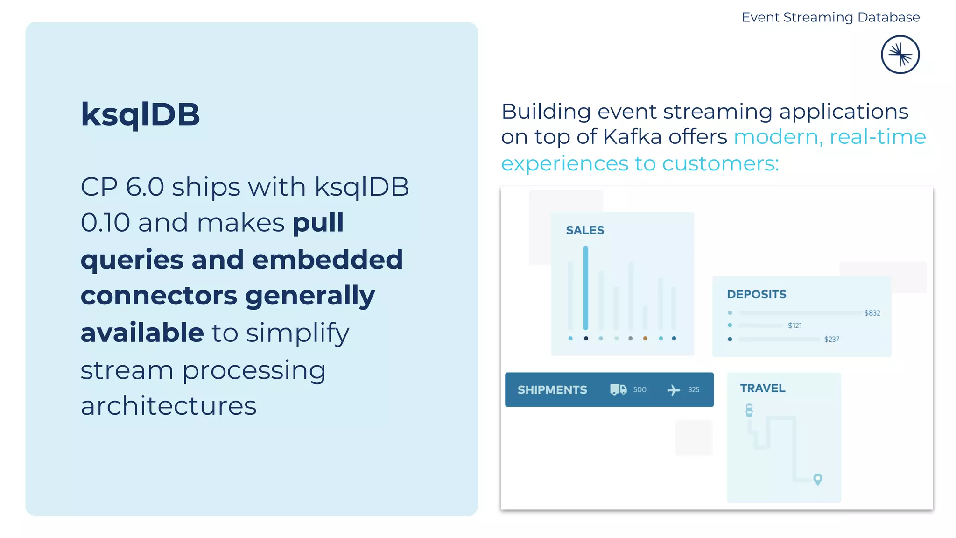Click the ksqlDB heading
(x=140, y=114)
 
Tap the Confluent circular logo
(x=900, y=55)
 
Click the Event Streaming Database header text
(x=830, y=17)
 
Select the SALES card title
(x=585, y=230)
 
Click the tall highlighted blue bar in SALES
(x=585, y=287)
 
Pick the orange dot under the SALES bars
(x=645, y=338)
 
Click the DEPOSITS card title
(x=756, y=294)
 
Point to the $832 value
(x=872, y=313)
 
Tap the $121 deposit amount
(x=794, y=326)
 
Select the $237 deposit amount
(x=831, y=339)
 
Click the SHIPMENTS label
(x=552, y=390)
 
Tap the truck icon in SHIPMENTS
(x=618, y=389)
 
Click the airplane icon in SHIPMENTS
(x=673, y=390)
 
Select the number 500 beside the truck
(x=640, y=389)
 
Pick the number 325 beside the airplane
(x=694, y=389)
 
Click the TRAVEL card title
(x=762, y=388)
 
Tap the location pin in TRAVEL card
(x=817, y=479)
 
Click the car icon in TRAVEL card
(x=749, y=410)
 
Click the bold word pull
(x=318, y=222)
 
